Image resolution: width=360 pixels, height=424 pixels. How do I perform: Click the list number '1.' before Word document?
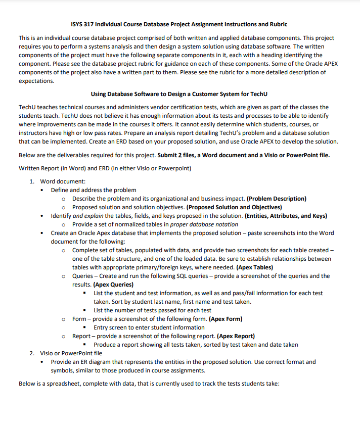(32, 181)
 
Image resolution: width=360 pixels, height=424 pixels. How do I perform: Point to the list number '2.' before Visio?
(32, 353)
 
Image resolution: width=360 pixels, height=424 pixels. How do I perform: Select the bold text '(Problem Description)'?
(277, 199)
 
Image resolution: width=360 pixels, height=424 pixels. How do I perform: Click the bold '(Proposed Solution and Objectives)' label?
(234, 207)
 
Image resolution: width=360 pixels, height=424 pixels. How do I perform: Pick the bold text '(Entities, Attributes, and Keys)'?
(286, 216)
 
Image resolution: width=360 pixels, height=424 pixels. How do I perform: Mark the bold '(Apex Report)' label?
(236, 336)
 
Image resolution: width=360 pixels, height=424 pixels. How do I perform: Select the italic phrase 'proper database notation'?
(205, 224)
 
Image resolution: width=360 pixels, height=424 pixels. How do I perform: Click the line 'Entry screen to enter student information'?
(149, 327)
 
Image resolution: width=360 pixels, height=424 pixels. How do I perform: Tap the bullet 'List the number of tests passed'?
(153, 310)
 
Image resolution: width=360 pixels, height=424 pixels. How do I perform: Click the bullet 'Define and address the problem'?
(93, 190)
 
